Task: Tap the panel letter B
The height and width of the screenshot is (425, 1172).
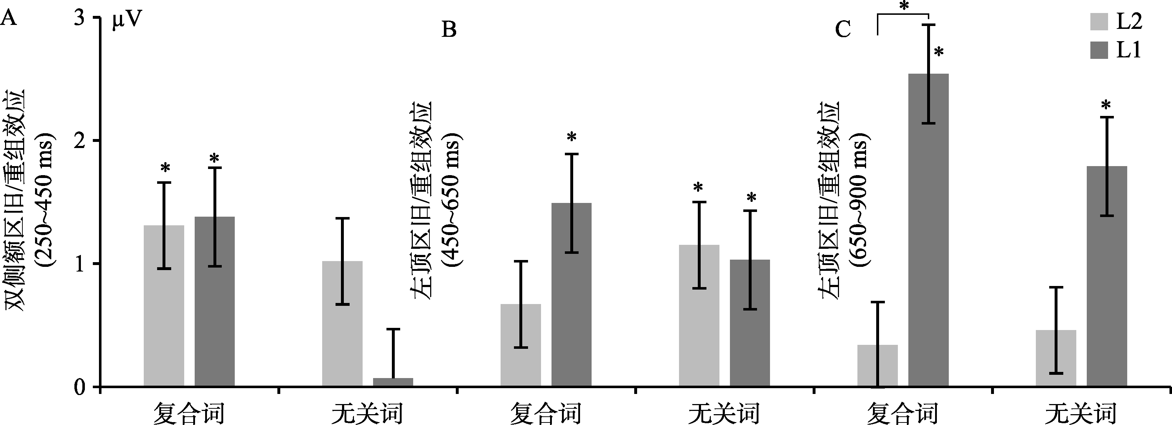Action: coord(449,30)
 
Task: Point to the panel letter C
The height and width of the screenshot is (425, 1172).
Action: coord(843,30)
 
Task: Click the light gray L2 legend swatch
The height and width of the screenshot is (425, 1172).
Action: coord(1100,22)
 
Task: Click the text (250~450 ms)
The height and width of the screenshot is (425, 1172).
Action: coord(46,199)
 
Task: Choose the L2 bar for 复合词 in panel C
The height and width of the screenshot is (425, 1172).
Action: coord(878,366)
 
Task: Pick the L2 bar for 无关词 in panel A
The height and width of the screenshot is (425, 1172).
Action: coord(342,324)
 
